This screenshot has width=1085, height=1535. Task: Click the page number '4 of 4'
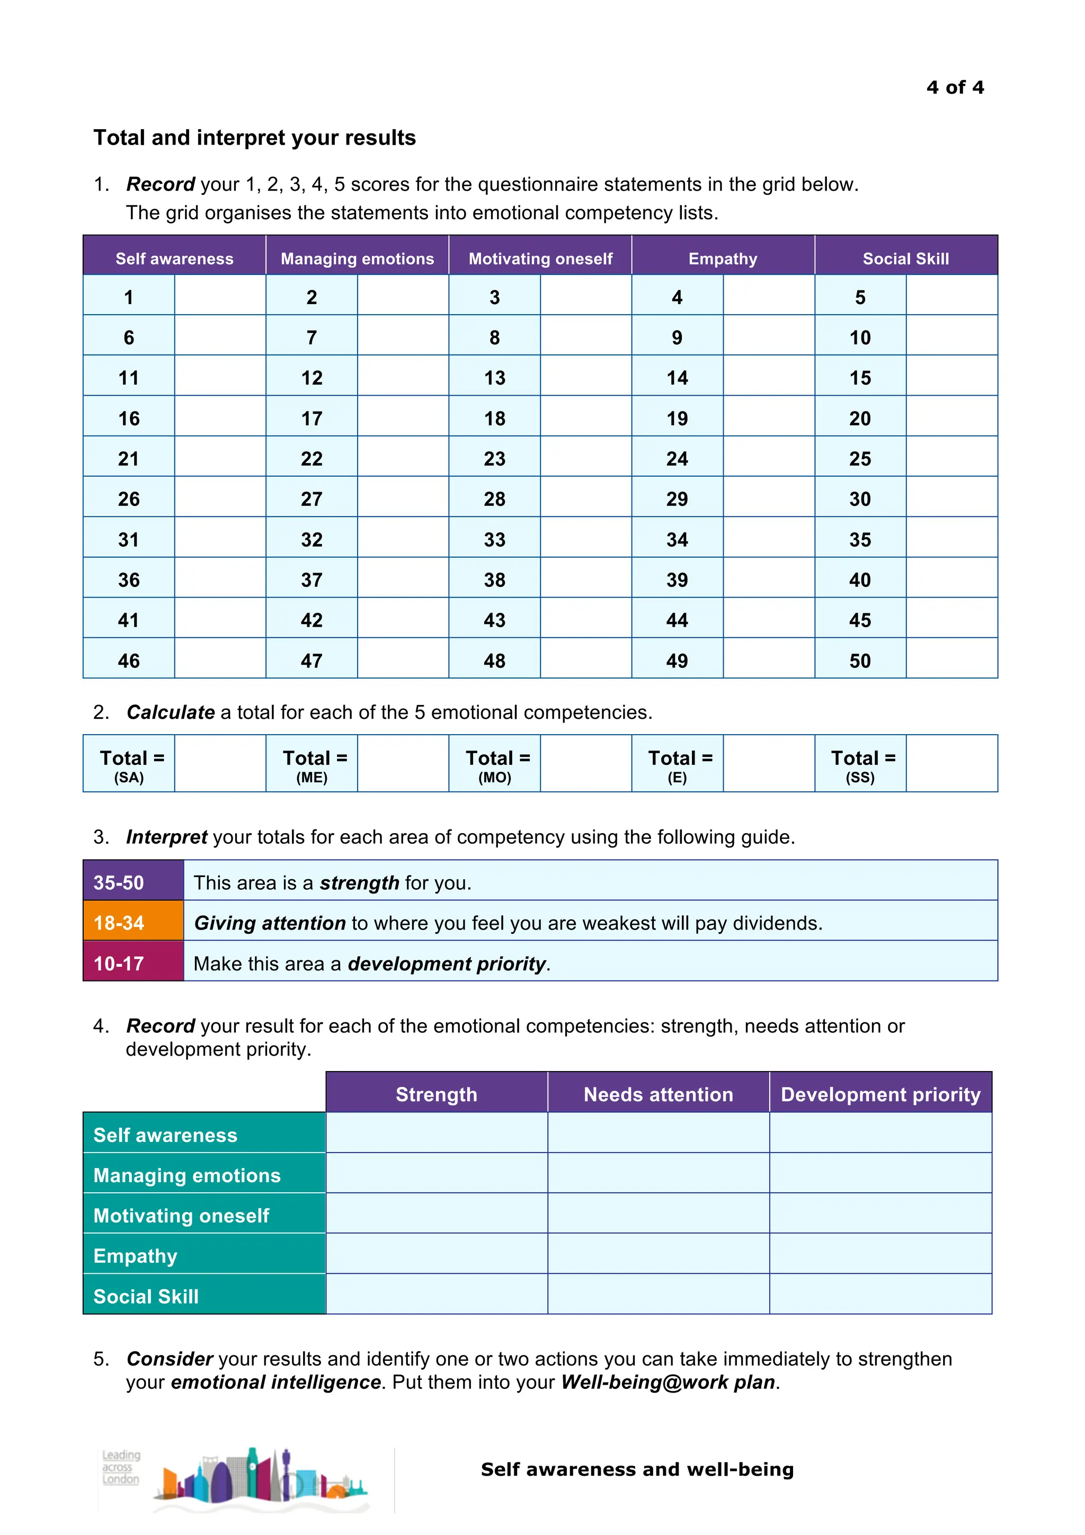(x=955, y=87)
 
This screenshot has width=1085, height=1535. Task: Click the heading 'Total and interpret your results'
(x=254, y=138)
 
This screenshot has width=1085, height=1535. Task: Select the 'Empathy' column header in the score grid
(x=723, y=258)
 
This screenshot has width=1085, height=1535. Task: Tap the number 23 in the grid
(x=494, y=459)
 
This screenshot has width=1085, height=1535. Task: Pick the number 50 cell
(x=860, y=661)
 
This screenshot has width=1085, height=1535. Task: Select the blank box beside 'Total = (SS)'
(x=951, y=763)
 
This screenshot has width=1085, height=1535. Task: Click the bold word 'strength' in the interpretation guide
(x=359, y=883)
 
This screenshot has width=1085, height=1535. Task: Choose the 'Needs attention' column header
(x=658, y=1094)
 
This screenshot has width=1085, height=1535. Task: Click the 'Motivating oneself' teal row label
(x=181, y=1216)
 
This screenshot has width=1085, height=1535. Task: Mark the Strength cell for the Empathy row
(x=437, y=1254)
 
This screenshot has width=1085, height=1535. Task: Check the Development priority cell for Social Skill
(x=880, y=1295)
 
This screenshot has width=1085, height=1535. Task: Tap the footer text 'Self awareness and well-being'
(x=637, y=1469)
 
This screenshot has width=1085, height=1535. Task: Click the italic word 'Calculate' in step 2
(x=171, y=713)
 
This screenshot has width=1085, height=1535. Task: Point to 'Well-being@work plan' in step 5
(x=668, y=1382)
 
